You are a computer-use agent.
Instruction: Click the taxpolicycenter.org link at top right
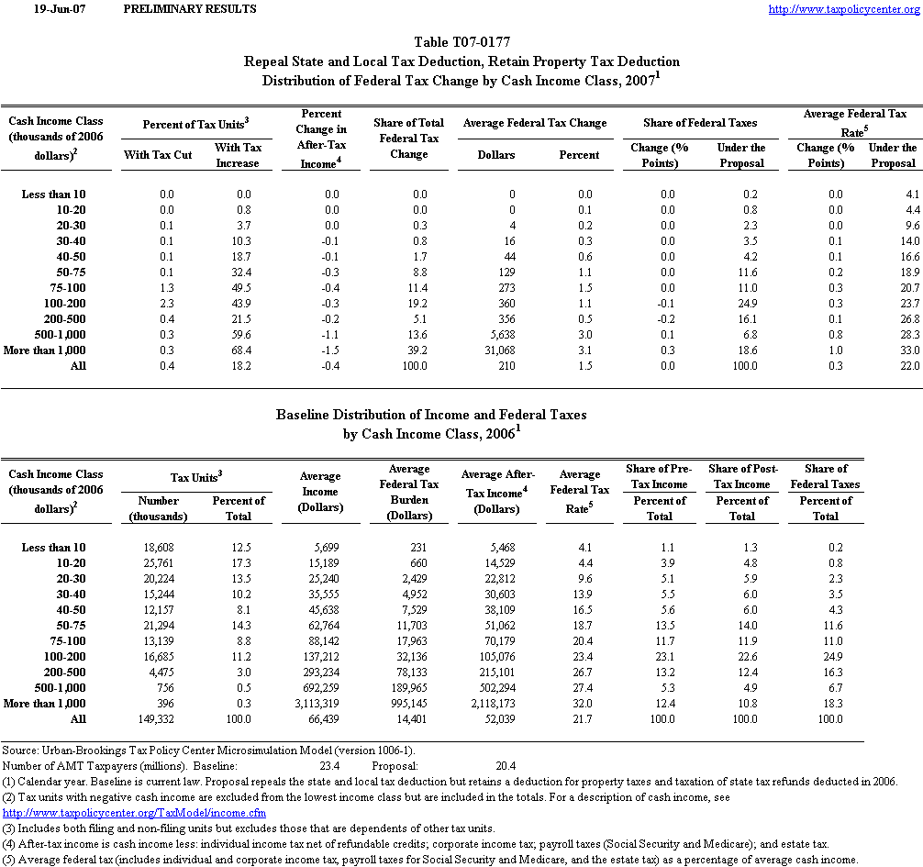[x=843, y=9]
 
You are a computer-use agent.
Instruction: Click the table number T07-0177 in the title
[x=462, y=42]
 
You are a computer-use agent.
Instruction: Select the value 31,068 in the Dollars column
[x=495, y=350]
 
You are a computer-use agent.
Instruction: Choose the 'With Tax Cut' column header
[x=157, y=155]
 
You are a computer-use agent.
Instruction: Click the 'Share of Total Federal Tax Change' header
[x=408, y=139]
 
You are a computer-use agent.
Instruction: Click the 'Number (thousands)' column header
[x=159, y=508]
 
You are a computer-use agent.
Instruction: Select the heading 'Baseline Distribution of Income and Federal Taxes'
[x=431, y=415]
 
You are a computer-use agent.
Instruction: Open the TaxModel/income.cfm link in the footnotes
[x=135, y=812]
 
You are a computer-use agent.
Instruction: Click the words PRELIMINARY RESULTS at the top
[x=189, y=9]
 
